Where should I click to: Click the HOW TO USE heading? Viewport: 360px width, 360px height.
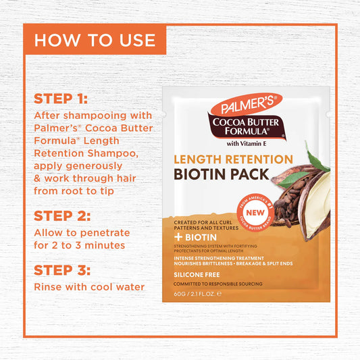(94, 39)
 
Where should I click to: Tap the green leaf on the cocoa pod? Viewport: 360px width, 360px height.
(315, 157)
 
